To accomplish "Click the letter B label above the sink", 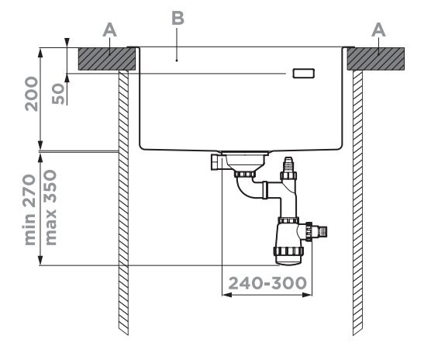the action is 178,19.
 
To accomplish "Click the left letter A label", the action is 109,30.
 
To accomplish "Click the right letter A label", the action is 378,30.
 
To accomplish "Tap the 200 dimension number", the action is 31,94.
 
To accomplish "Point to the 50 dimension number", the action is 58,94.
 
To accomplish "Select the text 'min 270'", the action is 30,210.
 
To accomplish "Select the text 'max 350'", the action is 50,208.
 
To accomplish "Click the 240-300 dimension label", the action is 267,283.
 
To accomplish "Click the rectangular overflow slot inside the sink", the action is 304,73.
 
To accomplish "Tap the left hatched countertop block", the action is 107,59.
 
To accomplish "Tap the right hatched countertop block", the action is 376,59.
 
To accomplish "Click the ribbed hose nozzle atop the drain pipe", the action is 288,164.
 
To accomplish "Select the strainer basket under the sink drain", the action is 245,162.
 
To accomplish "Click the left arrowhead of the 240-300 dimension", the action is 227,295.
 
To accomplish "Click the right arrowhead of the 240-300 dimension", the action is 307,295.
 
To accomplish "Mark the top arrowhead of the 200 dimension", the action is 41,53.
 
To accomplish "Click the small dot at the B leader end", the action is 177,60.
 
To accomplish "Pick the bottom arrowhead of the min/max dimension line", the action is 41,260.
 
